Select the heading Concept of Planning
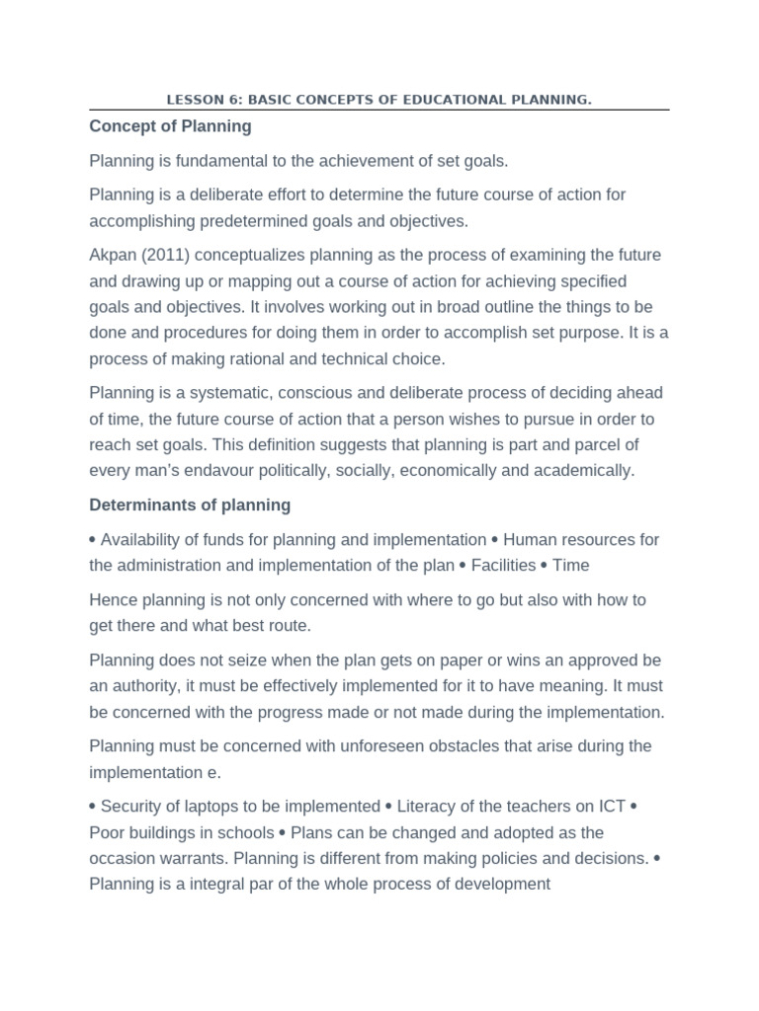click(170, 126)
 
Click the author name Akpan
click(112, 255)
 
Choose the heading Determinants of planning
click(190, 505)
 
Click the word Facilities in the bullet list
click(503, 566)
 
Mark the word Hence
click(113, 600)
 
